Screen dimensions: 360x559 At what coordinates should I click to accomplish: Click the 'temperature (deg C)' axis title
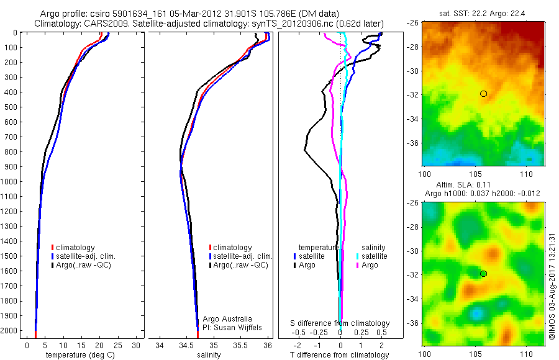pyautogui.click(x=80, y=355)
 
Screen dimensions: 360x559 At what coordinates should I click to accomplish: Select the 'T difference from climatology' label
pyautogui.click(x=339, y=355)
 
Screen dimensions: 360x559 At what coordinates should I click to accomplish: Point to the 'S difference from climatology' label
pyautogui.click(x=340, y=323)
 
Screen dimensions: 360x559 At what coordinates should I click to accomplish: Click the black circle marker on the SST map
pyautogui.click(x=483, y=94)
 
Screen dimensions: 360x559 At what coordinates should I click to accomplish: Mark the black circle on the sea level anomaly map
pyautogui.click(x=483, y=274)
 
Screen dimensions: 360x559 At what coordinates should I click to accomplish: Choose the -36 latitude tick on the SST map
pyautogui.click(x=415, y=143)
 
